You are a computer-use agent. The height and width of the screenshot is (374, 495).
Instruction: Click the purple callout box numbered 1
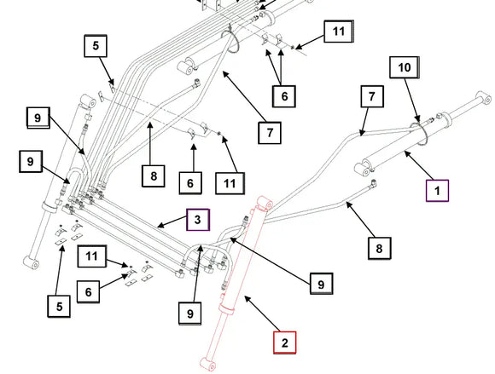[437, 190]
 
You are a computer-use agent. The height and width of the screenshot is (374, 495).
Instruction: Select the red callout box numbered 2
[285, 342]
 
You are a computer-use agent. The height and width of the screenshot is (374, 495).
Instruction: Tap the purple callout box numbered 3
[198, 220]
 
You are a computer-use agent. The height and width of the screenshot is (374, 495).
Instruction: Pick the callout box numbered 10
[405, 67]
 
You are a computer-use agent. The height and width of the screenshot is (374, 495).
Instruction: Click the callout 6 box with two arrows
[284, 96]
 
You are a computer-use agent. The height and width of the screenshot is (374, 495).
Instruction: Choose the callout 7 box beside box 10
[372, 96]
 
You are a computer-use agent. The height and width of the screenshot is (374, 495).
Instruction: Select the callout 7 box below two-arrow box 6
[270, 133]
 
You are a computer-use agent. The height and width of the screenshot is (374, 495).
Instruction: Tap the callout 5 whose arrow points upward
[59, 306]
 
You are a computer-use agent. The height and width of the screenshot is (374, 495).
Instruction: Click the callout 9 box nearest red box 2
[321, 284]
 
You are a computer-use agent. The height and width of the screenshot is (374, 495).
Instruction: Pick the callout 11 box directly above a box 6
[92, 256]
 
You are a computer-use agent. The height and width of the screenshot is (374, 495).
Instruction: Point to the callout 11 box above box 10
[339, 32]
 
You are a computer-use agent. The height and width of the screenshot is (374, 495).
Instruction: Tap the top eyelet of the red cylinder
[265, 204]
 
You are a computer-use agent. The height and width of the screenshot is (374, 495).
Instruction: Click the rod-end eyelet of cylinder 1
[484, 98]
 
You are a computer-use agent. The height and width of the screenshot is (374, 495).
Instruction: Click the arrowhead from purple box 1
[407, 153]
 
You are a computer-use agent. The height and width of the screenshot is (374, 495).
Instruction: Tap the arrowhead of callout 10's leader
[418, 120]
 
